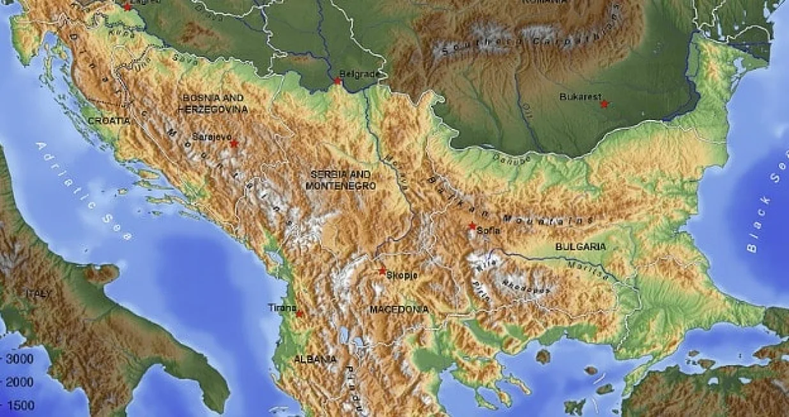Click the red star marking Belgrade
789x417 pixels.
point(337,81)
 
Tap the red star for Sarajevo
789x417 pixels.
point(234,144)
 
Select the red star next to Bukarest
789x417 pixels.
point(604,103)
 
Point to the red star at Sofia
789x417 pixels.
point(472,226)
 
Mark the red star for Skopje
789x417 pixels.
point(382,271)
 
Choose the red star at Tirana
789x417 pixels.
point(299,314)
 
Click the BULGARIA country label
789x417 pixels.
point(580,246)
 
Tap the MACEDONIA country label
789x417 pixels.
point(399,309)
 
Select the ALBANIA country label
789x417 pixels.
point(315,360)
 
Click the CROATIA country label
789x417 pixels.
point(109,120)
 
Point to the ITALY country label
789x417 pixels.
point(38,293)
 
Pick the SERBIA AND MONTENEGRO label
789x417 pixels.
point(340,179)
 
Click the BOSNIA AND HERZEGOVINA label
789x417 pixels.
point(213,103)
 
